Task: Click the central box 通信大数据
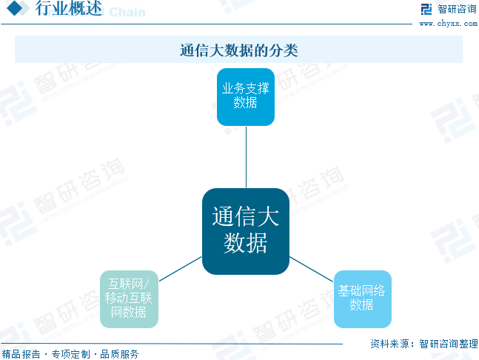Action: point(245,231)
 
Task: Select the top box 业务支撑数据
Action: point(245,96)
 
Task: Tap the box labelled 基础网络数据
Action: point(362,299)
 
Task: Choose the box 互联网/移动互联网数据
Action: point(129,299)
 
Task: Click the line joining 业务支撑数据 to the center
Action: point(245,157)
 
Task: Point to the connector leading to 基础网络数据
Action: point(312,268)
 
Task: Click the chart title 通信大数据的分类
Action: point(238,50)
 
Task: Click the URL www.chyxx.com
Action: point(447,24)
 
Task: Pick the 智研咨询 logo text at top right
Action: point(457,10)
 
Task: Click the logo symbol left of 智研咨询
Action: point(426,10)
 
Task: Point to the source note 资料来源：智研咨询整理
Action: point(423,344)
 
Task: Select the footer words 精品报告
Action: point(21,354)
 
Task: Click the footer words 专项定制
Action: point(71,354)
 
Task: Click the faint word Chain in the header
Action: point(127,12)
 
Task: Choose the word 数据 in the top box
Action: point(245,103)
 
